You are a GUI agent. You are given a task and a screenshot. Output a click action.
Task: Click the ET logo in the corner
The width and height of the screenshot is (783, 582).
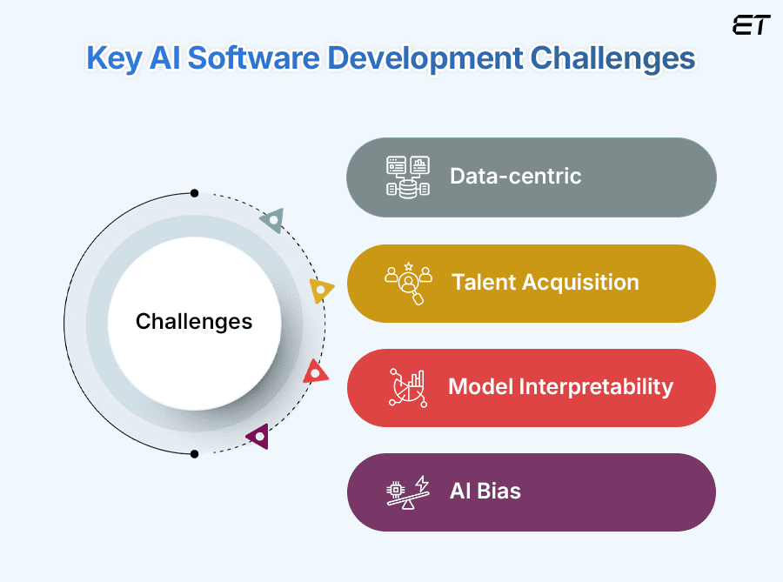pyautogui.click(x=751, y=24)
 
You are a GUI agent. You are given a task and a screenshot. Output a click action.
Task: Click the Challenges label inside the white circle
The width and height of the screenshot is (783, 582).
pyautogui.click(x=194, y=322)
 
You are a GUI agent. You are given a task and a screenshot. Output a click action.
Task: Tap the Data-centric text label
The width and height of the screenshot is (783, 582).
pyautogui.click(x=515, y=176)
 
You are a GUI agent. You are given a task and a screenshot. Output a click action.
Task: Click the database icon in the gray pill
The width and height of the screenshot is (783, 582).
pyautogui.click(x=408, y=177)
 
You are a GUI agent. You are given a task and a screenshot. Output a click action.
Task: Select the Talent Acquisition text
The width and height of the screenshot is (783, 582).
pyautogui.click(x=545, y=282)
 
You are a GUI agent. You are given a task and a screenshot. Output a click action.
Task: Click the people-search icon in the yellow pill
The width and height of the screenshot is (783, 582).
pyautogui.click(x=408, y=283)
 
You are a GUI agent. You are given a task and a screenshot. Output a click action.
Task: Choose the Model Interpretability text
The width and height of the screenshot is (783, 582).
pyautogui.click(x=560, y=386)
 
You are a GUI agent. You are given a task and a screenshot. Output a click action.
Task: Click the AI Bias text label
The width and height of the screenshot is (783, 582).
pyautogui.click(x=485, y=491)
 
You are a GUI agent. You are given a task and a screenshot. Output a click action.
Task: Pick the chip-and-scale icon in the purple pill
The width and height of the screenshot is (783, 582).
pyautogui.click(x=408, y=492)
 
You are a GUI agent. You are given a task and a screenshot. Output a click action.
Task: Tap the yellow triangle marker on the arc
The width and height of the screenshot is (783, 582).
pyautogui.click(x=320, y=290)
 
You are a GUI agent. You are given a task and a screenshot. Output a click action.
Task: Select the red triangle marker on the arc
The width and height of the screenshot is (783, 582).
pyautogui.click(x=316, y=373)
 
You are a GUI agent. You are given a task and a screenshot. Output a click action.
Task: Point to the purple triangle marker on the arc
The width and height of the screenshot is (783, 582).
pyautogui.click(x=258, y=436)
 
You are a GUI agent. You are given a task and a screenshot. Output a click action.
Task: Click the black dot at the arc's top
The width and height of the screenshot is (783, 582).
pyautogui.click(x=194, y=193)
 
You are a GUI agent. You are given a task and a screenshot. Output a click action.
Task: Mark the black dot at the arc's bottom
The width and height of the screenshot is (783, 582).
pyautogui.click(x=194, y=453)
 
